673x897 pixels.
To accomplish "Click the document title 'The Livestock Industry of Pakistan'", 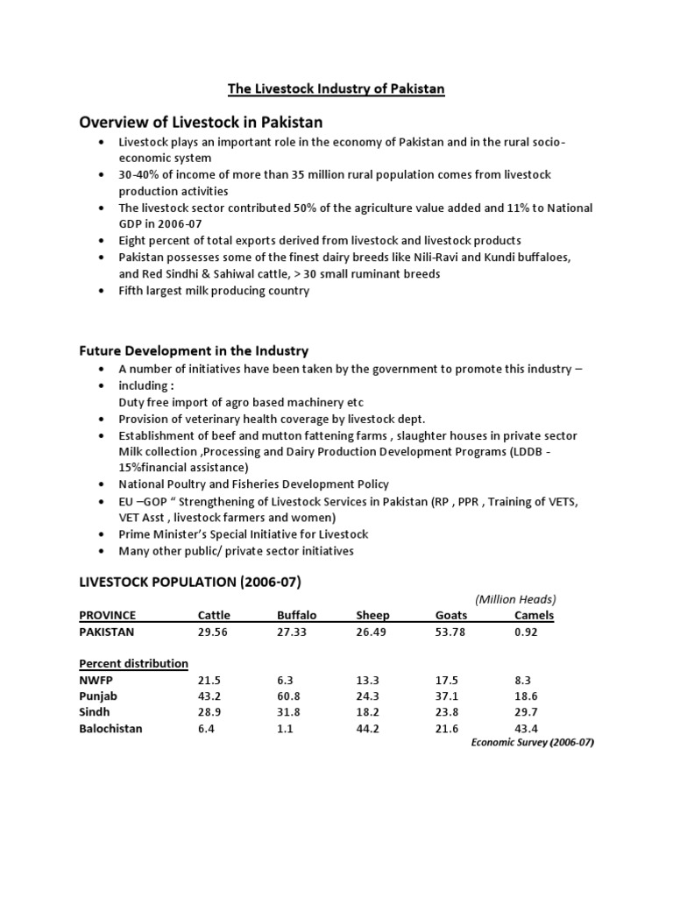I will (x=336, y=88).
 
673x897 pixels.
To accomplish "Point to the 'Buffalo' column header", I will (x=296, y=616).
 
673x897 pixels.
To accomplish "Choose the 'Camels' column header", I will (x=534, y=616).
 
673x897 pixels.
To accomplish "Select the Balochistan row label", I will (x=110, y=728).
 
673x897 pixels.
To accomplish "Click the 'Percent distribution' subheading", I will (x=133, y=663).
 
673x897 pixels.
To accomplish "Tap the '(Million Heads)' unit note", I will (x=516, y=599).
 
